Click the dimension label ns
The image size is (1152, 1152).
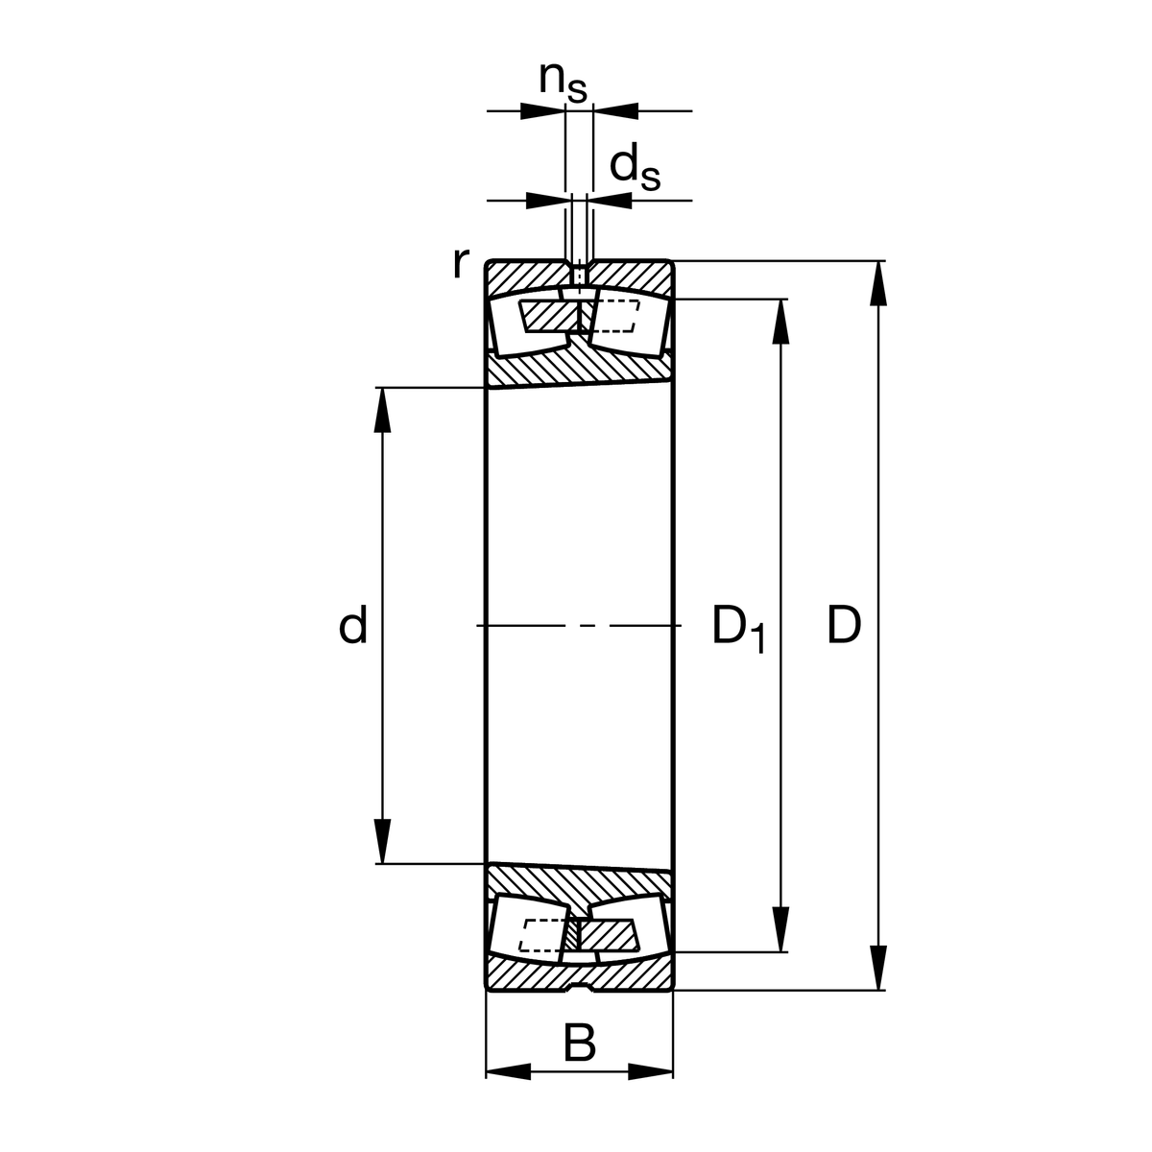pos(563,82)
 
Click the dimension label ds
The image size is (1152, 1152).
pos(635,169)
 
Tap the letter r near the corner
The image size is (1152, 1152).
pos(461,263)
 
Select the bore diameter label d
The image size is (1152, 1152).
pos(352,624)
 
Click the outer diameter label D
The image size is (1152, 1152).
pos(844,625)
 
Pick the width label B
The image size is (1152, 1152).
pos(579,1044)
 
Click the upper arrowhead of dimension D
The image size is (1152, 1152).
pos(878,283)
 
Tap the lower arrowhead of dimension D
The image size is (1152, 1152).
pos(878,968)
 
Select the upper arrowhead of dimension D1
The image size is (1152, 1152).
pos(780,322)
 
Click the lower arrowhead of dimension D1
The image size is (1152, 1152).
pos(780,929)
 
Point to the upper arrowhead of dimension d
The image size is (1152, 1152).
pos(382,410)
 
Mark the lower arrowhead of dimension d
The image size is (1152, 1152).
pos(382,842)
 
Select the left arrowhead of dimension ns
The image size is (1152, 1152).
pos(542,111)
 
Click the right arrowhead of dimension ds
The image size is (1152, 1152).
pos(610,201)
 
